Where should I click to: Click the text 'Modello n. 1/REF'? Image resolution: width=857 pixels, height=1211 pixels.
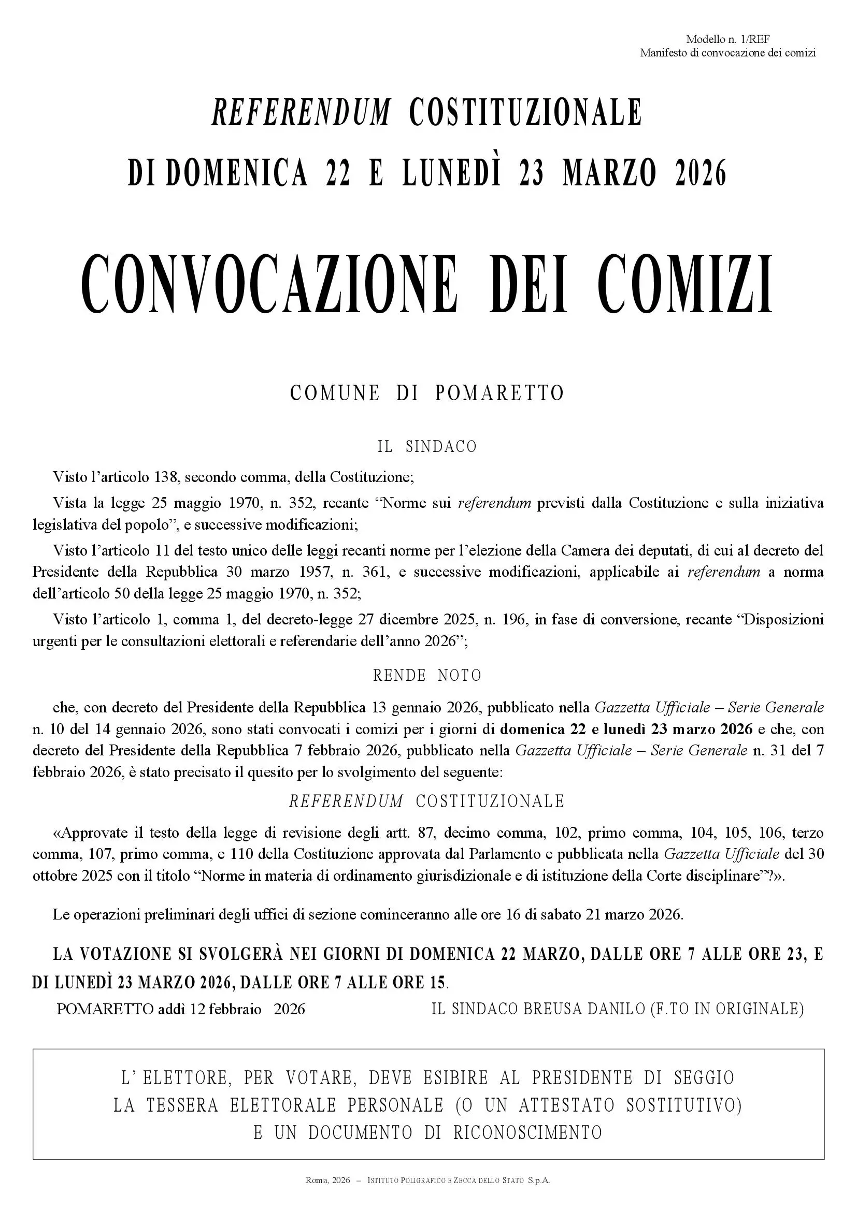(x=727, y=39)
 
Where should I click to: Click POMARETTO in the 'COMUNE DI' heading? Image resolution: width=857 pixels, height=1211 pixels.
(x=499, y=393)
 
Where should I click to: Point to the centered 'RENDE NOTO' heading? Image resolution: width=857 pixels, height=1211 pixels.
(x=427, y=676)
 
